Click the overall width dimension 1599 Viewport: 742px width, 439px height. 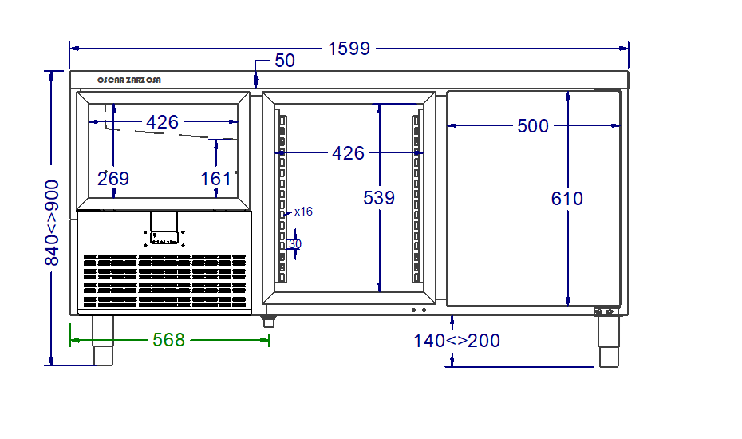tap(349, 49)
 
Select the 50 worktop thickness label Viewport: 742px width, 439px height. tap(285, 61)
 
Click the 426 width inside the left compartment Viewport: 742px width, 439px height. tap(162, 122)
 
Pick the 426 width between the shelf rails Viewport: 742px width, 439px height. tap(348, 152)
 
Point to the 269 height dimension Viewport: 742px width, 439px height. tap(113, 179)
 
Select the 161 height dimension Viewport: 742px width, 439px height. tap(215, 179)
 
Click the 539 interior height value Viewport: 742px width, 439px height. tap(379, 198)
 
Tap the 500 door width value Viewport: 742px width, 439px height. tap(533, 126)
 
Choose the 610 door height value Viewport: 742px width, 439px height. tap(567, 199)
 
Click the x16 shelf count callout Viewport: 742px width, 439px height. tap(303, 212)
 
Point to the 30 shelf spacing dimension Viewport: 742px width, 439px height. tap(295, 244)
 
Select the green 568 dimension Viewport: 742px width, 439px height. tap(168, 341)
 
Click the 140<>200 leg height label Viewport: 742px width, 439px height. tap(456, 342)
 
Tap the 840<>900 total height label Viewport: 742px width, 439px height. tap(52, 223)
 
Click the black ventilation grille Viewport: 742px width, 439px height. tap(164, 280)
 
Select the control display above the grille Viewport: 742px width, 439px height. tap(164, 235)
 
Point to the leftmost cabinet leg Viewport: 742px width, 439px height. tap(103, 340)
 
